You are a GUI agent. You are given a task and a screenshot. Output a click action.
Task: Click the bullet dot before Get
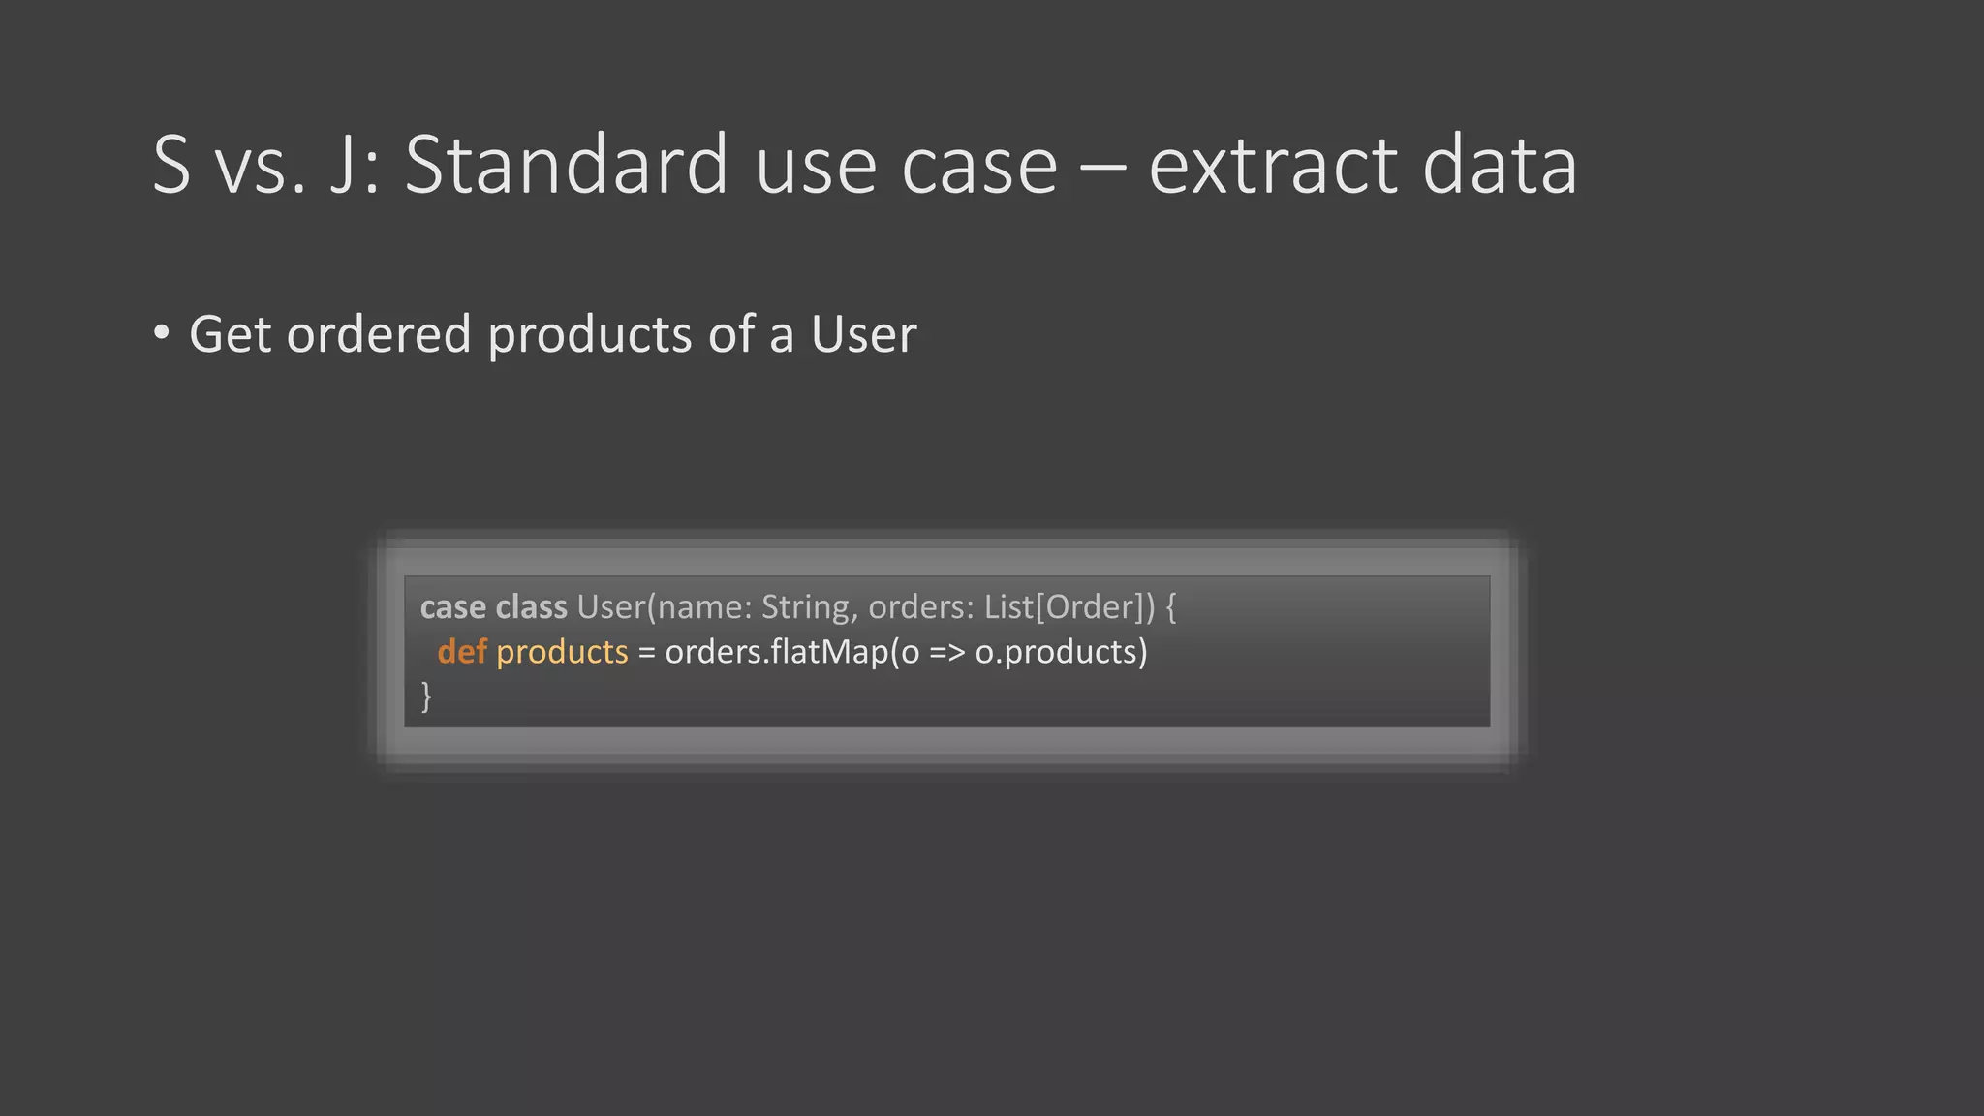[x=162, y=333]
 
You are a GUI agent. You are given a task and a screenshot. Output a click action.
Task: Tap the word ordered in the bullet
[x=379, y=334]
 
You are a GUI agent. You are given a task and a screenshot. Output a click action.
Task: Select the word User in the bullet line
[x=863, y=334]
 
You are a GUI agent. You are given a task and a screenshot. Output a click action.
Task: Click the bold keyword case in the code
[x=452, y=607]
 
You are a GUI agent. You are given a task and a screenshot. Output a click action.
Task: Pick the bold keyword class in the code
[x=531, y=607]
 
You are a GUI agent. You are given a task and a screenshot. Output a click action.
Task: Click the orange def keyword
[x=461, y=652]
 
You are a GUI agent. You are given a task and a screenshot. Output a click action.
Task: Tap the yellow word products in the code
[x=562, y=653]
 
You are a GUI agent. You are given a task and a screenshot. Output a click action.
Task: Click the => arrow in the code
[x=947, y=653]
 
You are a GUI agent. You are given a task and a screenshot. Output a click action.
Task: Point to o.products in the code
[x=1056, y=653]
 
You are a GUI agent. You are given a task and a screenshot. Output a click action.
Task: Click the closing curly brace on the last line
[x=426, y=696]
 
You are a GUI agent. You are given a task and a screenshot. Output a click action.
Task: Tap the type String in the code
[x=806, y=607]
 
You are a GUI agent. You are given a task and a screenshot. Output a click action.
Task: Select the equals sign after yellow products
[x=646, y=653]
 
